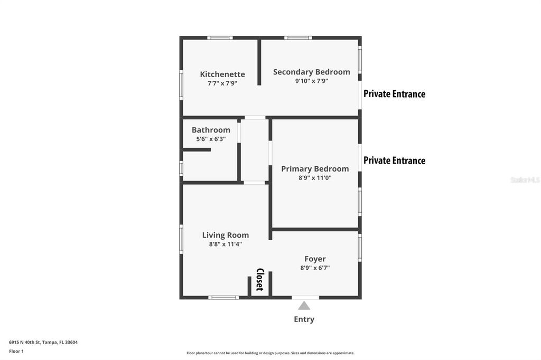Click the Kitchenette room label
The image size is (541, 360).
coord(222,74)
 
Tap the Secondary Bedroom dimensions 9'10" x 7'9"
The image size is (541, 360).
coord(311,81)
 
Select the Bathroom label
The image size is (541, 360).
coord(211,130)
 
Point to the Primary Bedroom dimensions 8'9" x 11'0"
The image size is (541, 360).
coord(315,178)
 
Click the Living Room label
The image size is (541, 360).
coord(226,235)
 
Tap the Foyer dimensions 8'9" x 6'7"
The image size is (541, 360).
coord(315,268)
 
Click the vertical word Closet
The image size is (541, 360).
coord(259,280)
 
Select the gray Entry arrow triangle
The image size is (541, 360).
coord(304,306)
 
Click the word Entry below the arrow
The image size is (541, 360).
coord(304,319)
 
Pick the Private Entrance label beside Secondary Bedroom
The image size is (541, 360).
coord(394,94)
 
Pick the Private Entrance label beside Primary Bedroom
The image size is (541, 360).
coord(394,160)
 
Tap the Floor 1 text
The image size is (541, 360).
coord(16,351)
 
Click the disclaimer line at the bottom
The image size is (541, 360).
coord(270,353)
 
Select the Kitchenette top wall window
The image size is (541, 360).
coord(220,38)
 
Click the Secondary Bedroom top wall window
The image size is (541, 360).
coord(298,38)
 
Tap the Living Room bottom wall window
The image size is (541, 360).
coord(223,298)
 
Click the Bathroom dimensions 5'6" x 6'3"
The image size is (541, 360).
coord(211,139)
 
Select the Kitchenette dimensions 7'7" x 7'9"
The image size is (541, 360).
coord(222,83)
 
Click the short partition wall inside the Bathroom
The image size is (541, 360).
coord(197,150)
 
